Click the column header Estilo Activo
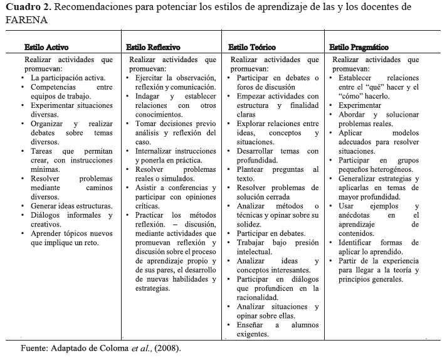(x=46, y=47)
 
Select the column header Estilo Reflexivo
(x=153, y=47)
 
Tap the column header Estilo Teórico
(x=251, y=47)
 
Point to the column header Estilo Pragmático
(x=359, y=47)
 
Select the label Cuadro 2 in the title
(x=28, y=7)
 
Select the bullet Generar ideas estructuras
(x=71, y=206)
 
